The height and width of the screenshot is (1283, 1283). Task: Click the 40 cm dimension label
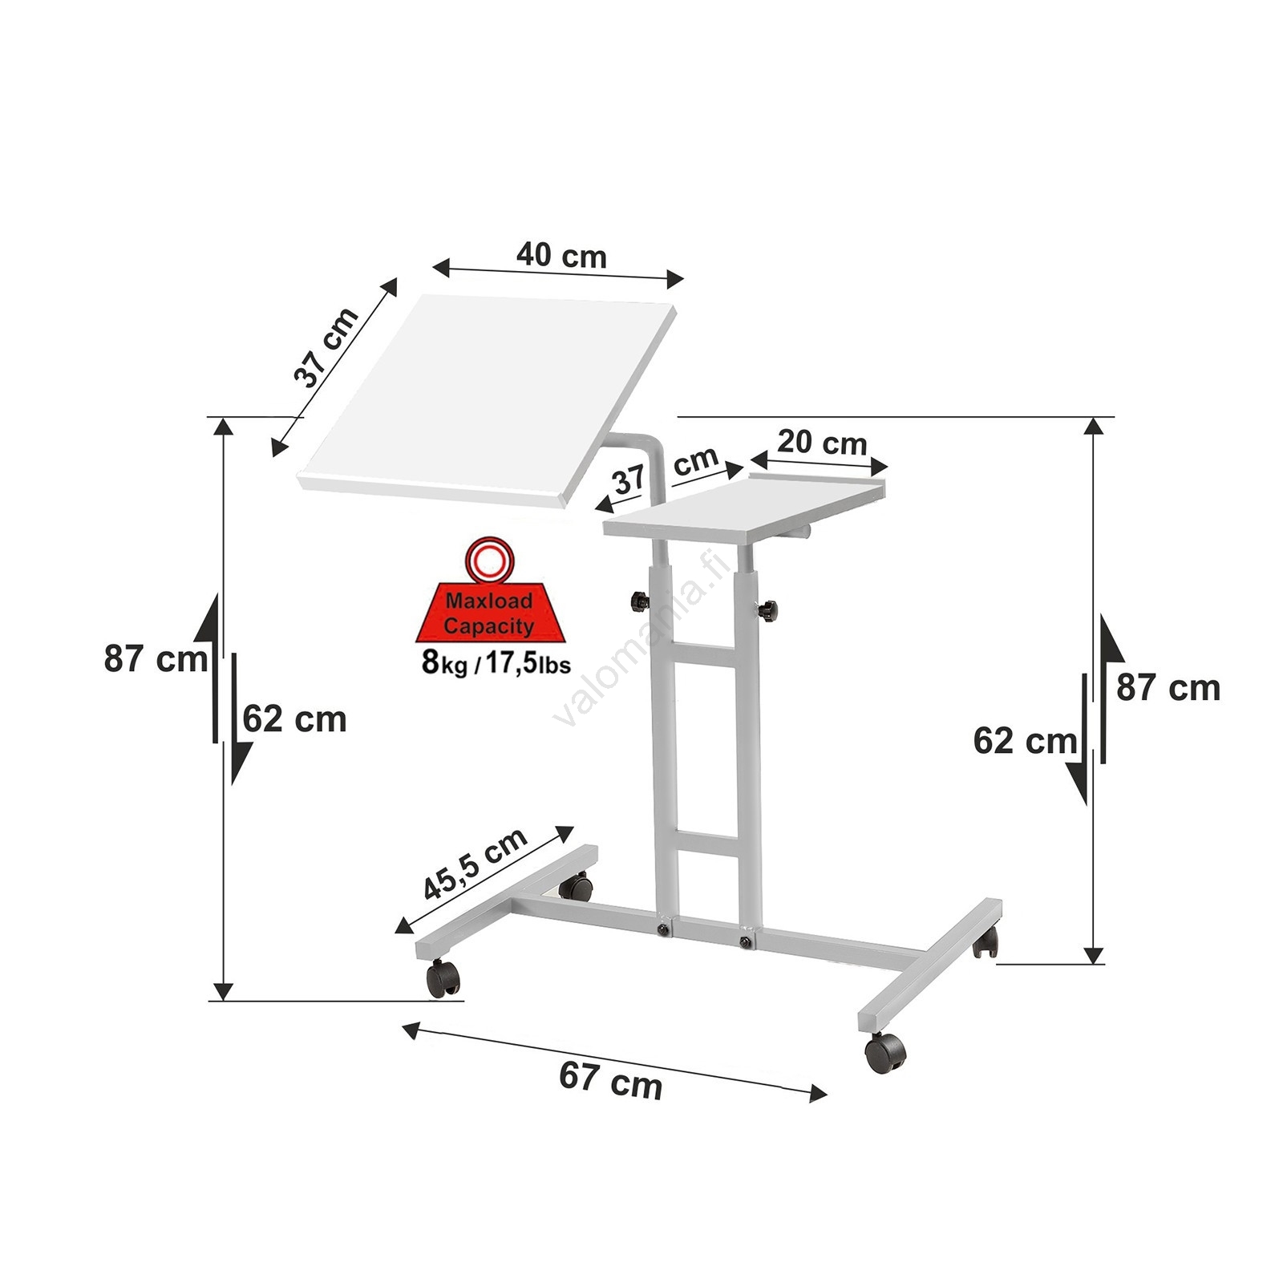pyautogui.click(x=561, y=255)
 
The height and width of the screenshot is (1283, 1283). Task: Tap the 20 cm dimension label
pyautogui.click(x=822, y=442)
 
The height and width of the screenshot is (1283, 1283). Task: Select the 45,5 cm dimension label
pyautogui.click(x=475, y=864)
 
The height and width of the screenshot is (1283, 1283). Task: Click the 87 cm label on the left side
pyautogui.click(x=156, y=659)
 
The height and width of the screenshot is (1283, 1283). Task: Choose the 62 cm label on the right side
pyautogui.click(x=1025, y=741)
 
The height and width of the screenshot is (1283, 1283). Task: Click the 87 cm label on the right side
pyautogui.click(x=1168, y=688)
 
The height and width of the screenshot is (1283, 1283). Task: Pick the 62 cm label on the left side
pyautogui.click(x=295, y=719)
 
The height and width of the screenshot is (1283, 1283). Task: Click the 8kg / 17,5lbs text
pyautogui.click(x=496, y=664)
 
